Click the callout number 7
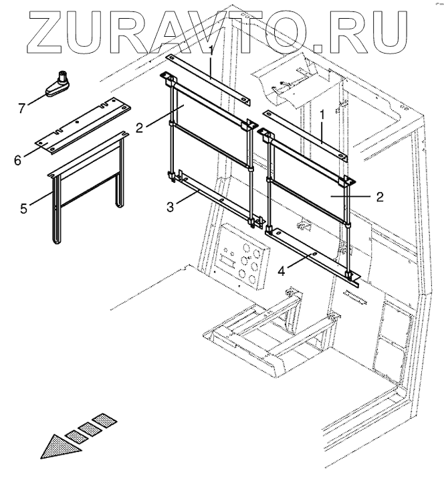coord(23,107)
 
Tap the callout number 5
coord(23,208)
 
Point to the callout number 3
coord(171,207)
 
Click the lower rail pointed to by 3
coord(214,198)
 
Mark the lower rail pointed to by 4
coord(314,254)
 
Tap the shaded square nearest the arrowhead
coord(75,436)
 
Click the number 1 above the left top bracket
coord(211,50)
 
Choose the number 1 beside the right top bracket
coord(322,116)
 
